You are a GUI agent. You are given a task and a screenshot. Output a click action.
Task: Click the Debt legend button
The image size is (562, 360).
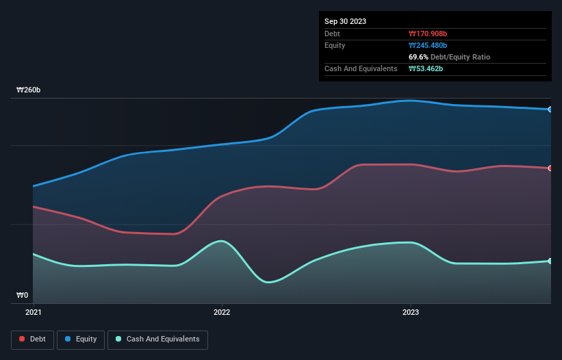click(33, 339)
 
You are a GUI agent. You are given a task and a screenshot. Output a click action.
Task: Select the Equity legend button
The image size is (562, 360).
click(81, 339)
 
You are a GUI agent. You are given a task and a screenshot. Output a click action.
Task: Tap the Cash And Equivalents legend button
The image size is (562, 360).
click(157, 339)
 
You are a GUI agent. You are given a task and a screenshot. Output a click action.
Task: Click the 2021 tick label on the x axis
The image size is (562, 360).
click(33, 312)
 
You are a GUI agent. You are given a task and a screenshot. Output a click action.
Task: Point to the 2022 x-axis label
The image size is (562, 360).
click(222, 312)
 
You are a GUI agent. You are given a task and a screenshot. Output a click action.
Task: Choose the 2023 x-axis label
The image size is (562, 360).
click(410, 312)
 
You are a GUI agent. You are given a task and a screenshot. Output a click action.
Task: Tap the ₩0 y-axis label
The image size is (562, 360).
click(23, 296)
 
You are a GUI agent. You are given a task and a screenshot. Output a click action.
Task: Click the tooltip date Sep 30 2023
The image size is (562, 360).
click(346, 21)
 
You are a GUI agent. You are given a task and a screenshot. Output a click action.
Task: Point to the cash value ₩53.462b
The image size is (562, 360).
click(427, 68)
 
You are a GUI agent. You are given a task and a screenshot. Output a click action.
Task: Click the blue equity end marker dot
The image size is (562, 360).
click(550, 110)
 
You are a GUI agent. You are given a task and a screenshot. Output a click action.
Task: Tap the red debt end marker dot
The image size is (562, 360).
click(550, 168)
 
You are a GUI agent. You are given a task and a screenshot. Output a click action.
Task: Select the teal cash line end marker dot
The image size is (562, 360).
click(550, 261)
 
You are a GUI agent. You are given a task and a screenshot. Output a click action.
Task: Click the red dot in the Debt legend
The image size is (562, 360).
click(22, 339)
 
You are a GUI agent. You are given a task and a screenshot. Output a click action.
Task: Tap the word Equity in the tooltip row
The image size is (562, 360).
click(335, 45)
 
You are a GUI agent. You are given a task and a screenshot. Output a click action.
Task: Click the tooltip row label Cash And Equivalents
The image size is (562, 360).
click(361, 68)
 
